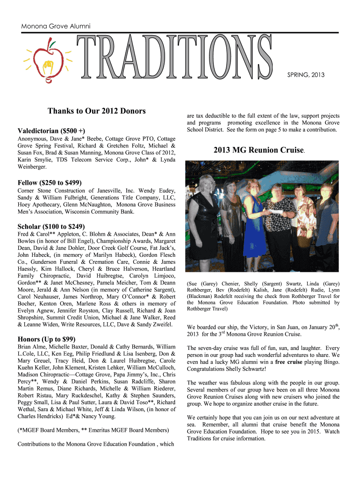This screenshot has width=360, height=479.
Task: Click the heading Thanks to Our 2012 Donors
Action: [97, 111]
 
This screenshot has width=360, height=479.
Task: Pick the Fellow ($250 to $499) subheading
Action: [55, 182]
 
